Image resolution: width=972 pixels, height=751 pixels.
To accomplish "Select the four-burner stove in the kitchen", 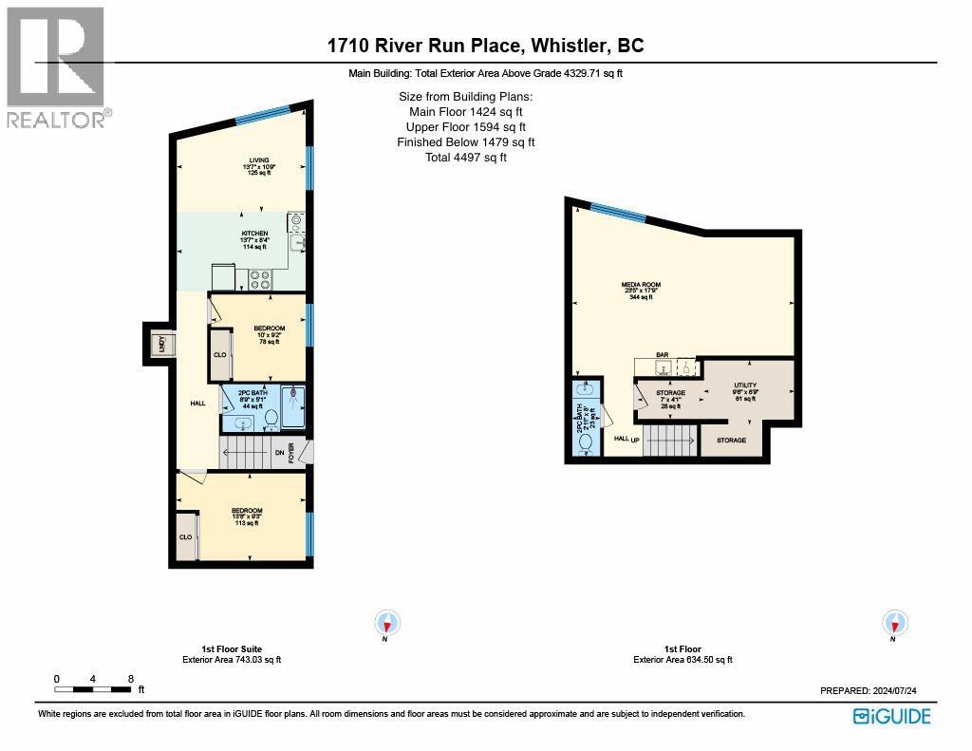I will (261, 279).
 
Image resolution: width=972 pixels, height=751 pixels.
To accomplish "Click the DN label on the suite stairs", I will (279, 453).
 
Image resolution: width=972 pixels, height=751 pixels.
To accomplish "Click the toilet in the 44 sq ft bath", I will (269, 417).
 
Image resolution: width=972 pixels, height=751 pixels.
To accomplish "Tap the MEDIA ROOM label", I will (642, 285).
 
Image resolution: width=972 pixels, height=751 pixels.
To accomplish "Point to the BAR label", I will (663, 355).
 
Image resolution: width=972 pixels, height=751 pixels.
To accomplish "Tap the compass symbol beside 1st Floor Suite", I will (387, 624).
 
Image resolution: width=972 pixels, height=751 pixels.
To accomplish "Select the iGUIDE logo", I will (891, 717).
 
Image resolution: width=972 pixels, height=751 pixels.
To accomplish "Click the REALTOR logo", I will (57, 66).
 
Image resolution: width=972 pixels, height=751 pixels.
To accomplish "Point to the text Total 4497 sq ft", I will (465, 158).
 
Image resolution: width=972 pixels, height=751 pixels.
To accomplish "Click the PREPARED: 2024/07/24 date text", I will (875, 692).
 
